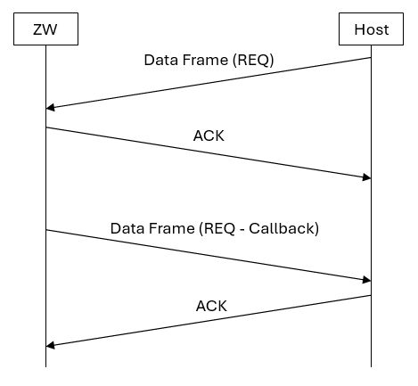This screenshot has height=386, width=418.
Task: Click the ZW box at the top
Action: (x=45, y=30)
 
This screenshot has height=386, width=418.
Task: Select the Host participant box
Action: (x=371, y=30)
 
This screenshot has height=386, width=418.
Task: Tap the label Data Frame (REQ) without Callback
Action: (x=209, y=61)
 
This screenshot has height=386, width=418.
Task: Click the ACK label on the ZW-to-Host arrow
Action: (x=209, y=138)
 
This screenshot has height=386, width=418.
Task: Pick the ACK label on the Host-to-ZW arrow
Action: (x=211, y=306)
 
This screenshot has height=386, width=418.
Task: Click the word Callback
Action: (x=286, y=228)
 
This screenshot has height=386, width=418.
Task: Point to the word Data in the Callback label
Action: (x=127, y=228)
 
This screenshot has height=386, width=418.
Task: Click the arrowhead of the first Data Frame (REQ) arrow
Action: (x=49, y=107)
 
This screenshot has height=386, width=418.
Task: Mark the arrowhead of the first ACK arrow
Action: (x=367, y=178)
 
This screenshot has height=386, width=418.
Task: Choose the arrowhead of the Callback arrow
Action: (x=367, y=281)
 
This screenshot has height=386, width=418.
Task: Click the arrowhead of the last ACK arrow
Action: (x=49, y=346)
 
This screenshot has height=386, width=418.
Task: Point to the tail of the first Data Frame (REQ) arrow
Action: (x=371, y=58)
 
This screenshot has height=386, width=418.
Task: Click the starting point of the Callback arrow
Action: (x=45, y=230)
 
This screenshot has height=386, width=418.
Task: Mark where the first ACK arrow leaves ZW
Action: (x=45, y=127)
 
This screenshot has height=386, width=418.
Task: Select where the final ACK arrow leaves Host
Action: (x=371, y=295)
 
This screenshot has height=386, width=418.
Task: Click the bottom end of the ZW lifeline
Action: (x=45, y=366)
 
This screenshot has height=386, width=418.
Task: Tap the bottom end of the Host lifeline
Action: (x=371, y=366)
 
